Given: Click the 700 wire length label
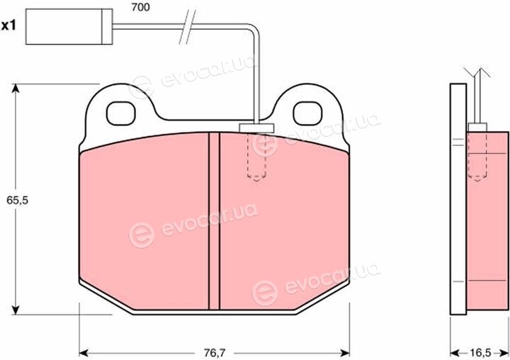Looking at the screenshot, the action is pyautogui.click(x=140, y=7).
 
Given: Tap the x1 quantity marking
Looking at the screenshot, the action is pyautogui.click(x=8, y=26).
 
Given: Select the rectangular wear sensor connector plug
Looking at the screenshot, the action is pyautogui.click(x=69, y=27).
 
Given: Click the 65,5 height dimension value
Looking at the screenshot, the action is pyautogui.click(x=17, y=200).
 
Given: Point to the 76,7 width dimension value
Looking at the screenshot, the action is pyautogui.click(x=215, y=352).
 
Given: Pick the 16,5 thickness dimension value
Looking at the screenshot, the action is pyautogui.click(x=480, y=352).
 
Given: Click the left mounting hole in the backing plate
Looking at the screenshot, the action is pyautogui.click(x=120, y=113).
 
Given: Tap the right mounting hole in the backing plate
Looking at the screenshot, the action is pyautogui.click(x=307, y=113).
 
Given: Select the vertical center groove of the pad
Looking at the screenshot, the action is pyautogui.click(x=214, y=220).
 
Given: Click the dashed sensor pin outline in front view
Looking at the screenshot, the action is pyautogui.click(x=257, y=157).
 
